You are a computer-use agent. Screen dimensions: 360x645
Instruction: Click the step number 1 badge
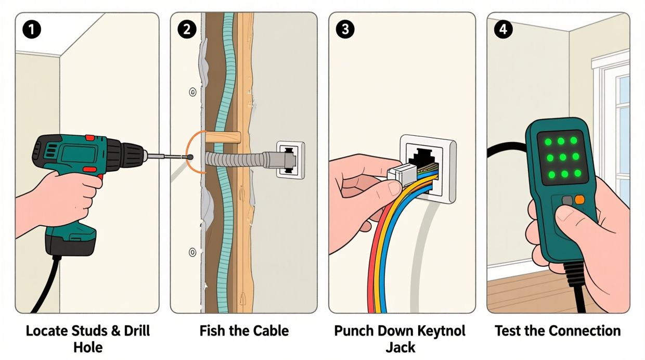32,30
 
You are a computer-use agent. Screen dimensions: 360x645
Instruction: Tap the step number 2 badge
187,30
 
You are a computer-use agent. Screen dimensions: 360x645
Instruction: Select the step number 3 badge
345,30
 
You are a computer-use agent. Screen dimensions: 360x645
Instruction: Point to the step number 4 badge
502,30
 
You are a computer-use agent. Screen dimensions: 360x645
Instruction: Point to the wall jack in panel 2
290,160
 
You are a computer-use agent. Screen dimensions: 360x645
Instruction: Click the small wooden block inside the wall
223,138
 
